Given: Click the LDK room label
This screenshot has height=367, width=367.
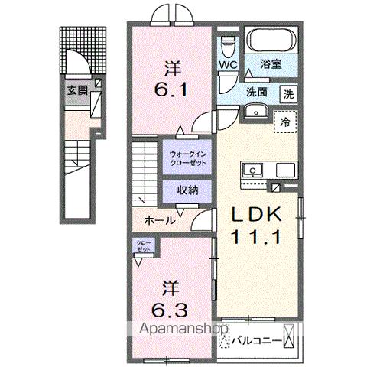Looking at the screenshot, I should tap(256, 215).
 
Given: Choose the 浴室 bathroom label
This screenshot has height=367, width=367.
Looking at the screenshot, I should tap(270, 65).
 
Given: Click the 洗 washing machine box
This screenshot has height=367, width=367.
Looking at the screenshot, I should tap(289, 95).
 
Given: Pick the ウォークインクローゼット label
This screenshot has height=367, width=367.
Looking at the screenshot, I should tap(187, 158).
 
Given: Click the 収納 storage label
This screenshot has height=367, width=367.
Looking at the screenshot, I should tap(187, 190).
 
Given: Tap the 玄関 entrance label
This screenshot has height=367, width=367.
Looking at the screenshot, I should tap(76, 90).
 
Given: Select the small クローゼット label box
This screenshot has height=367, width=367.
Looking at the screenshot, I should tap(144, 247).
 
